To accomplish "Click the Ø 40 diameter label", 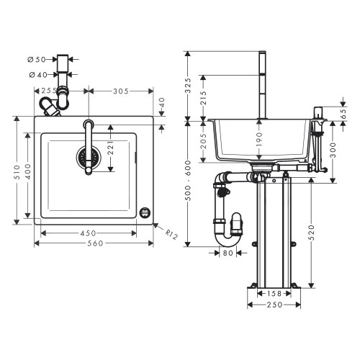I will (38, 73).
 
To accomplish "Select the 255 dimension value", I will (50, 91).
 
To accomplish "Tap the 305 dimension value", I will (121, 91).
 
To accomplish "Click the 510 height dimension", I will (17, 173).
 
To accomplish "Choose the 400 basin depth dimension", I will (28, 173).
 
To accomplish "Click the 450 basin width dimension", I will (87, 232).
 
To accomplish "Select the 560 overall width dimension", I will (94, 243).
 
